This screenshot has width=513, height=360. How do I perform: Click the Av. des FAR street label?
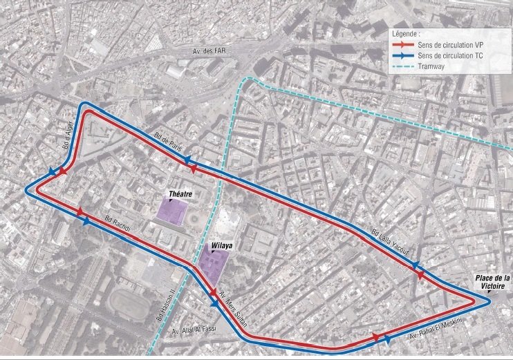(214, 53)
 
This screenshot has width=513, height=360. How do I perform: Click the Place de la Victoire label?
(492, 282)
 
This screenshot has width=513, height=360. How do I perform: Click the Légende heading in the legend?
(406, 32)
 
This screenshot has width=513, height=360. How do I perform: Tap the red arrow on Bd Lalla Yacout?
(420, 275)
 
